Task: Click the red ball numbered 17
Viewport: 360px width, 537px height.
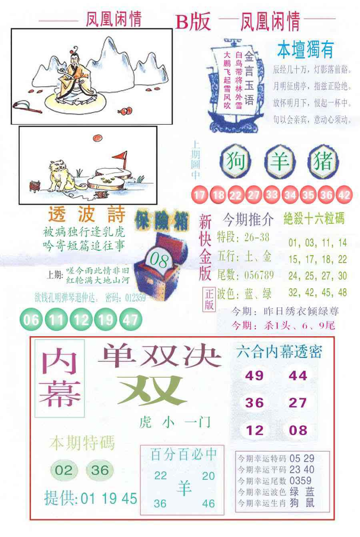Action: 198,195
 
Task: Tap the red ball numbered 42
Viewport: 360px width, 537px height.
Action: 344,195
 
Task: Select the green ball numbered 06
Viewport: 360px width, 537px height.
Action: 31,319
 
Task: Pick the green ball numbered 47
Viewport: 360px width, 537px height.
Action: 131,319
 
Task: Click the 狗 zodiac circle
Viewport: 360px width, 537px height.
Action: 235,162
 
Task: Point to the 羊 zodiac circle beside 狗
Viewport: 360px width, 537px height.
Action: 280,162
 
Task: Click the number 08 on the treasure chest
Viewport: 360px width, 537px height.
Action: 158,261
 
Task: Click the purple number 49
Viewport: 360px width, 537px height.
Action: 254,375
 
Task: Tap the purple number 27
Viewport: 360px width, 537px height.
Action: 298,403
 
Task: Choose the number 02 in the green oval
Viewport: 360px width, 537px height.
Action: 63,470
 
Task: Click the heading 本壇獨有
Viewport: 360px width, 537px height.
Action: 305,50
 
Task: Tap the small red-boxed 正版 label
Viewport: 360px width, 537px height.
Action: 210,299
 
